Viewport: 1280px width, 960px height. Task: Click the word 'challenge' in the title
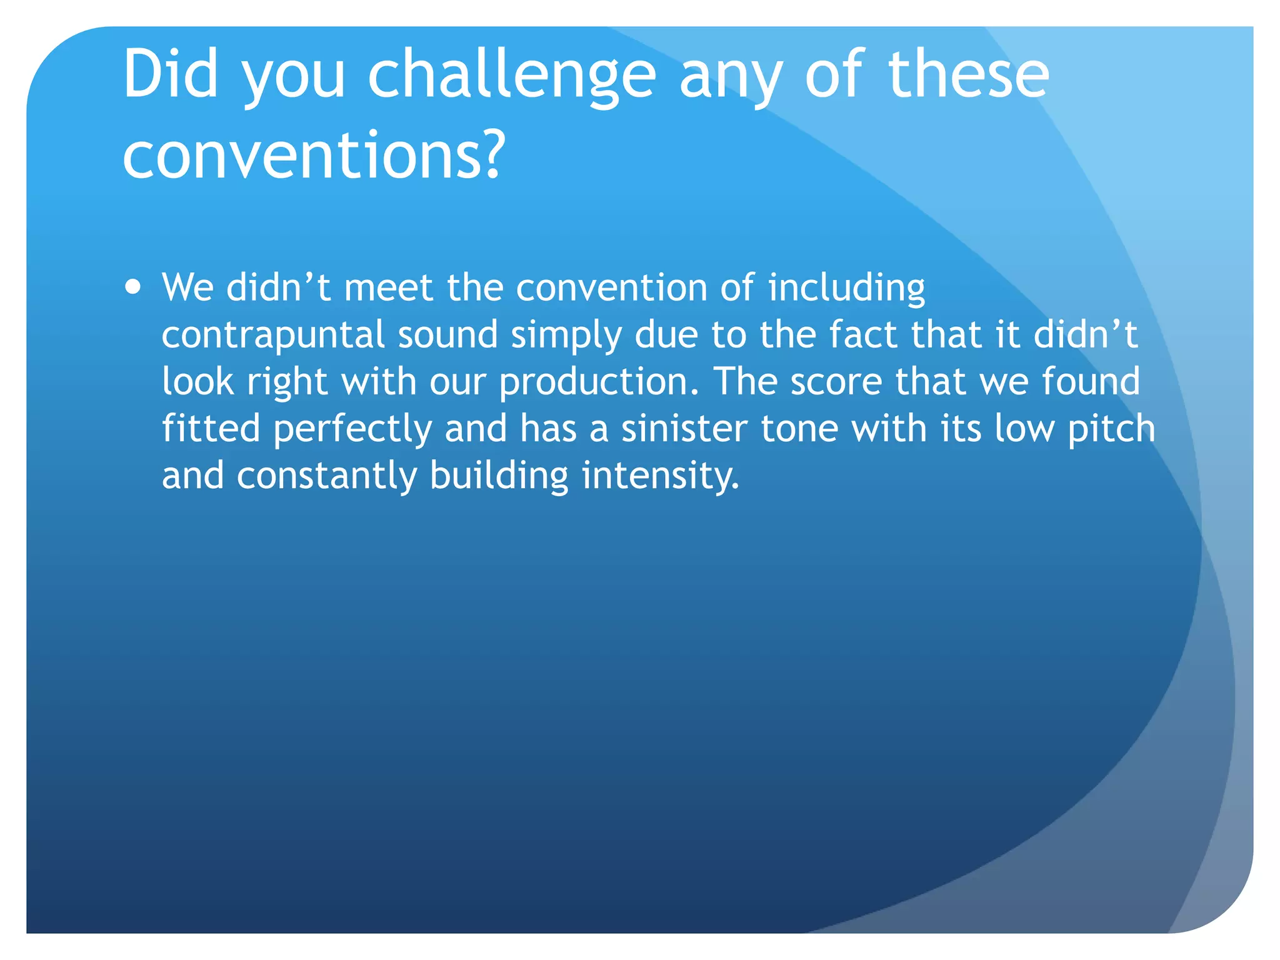tap(511, 76)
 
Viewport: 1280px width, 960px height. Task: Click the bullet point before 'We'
tap(132, 287)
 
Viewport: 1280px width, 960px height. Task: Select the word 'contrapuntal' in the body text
tap(272, 335)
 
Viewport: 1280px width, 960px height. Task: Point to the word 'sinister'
tap(684, 429)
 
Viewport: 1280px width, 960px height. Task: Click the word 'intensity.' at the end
tap(660, 476)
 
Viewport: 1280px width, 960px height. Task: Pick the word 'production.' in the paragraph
tap(599, 382)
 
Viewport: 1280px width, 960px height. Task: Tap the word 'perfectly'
tap(352, 430)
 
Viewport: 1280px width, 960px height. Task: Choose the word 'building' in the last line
tap(499, 476)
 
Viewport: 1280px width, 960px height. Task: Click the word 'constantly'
tap(326, 476)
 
